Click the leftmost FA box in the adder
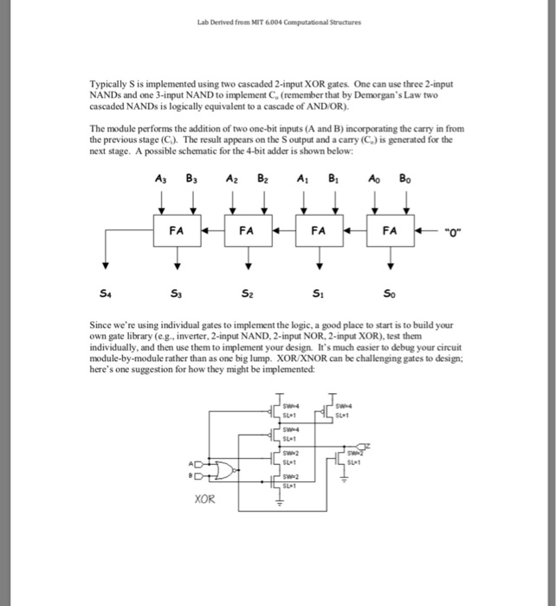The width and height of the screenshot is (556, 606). (177, 232)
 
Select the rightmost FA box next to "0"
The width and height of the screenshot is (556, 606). (390, 232)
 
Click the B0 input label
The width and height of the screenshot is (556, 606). (404, 180)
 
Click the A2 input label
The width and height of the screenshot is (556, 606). (233, 180)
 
